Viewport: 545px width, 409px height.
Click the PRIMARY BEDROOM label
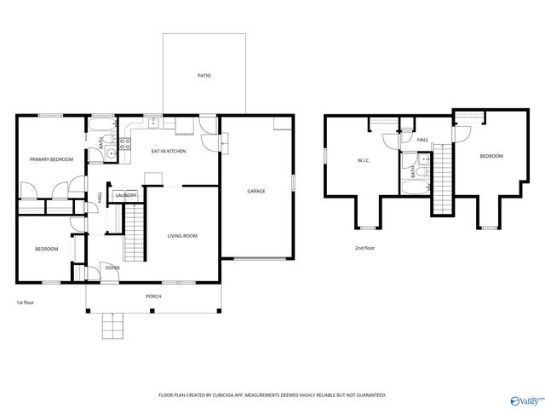51,159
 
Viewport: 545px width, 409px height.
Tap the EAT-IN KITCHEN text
169,152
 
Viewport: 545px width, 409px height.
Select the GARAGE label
256,191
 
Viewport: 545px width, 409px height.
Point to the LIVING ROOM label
181,235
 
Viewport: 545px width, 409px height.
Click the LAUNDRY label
126,195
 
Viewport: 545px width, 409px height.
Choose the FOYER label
112,268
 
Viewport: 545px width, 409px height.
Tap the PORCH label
153,296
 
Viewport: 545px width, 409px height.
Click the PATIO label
204,76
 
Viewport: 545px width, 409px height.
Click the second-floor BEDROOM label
490,156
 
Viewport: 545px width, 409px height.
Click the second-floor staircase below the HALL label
441,181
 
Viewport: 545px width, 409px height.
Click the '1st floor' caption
25,302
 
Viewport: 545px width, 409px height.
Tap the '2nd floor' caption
364,248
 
